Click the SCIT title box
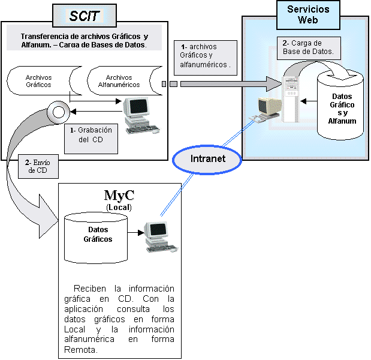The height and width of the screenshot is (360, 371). click(84, 16)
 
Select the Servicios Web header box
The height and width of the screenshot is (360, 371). click(307, 15)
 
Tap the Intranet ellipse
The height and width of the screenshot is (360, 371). click(207, 159)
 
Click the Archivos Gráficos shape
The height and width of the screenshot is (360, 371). click(39, 81)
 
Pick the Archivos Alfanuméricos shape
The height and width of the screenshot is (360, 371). click(119, 82)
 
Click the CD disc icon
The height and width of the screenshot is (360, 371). click(58, 112)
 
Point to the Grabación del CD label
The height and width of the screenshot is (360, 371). click(91, 135)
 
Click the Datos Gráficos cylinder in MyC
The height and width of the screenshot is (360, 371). click(95, 235)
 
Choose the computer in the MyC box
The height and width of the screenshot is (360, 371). click(159, 235)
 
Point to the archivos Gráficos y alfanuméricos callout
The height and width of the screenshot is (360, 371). click(206, 55)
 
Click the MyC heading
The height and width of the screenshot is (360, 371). click(119, 195)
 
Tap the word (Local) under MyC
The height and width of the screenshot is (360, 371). click(119, 207)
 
